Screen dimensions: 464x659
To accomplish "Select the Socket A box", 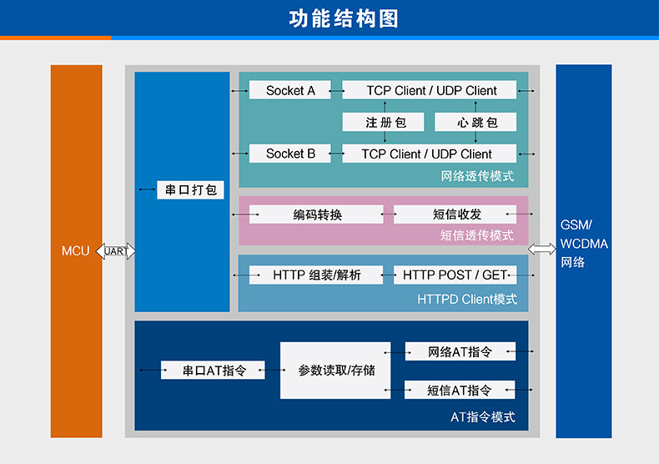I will pos(290,90).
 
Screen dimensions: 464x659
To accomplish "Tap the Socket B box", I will pos(290,154).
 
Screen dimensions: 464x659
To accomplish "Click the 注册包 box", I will pos(385,122).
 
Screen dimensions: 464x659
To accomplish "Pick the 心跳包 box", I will pos(476,122).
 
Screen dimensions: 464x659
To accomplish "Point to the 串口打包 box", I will pos(191,189).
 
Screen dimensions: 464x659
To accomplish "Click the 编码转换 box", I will pos(317,214).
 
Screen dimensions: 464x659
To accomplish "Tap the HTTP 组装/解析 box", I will pos(316,275).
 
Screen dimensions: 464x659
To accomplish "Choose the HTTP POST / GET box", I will pos(455,275).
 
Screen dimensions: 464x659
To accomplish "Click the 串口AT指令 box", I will pos(213,371).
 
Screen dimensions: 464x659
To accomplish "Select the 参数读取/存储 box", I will pos(335,371).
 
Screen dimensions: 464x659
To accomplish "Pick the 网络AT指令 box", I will pos(460,351).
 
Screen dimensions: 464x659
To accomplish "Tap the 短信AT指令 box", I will pos(460,390).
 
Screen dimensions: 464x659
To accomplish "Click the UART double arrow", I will pos(116,250).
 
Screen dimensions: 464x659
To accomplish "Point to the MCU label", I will pos(76,250).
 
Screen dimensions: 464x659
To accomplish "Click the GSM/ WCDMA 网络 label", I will pos(584,244).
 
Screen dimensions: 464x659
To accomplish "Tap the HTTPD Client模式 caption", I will pos(467,299).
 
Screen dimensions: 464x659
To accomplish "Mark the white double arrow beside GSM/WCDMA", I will pos(542,249).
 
